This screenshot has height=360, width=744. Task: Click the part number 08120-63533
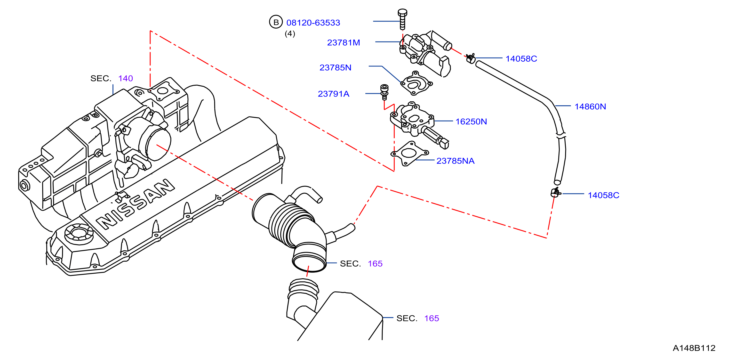[x=313, y=23]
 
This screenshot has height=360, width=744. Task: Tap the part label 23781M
[x=344, y=42]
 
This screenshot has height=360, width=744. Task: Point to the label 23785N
[x=335, y=67]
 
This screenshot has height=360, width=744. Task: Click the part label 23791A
[x=334, y=94]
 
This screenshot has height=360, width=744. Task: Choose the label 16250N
[x=471, y=121]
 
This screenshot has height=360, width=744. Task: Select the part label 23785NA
[x=456, y=161]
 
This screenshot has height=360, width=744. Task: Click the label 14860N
[x=590, y=106]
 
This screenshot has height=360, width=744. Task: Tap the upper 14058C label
[x=521, y=59]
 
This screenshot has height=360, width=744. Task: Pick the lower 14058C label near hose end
[x=604, y=195]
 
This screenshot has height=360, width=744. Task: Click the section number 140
[x=126, y=78]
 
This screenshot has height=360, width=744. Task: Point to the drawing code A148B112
[x=694, y=348]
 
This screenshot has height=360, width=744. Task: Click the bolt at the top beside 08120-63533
[x=402, y=19]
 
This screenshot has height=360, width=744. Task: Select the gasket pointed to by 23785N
[x=416, y=83]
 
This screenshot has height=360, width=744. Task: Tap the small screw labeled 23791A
[x=384, y=92]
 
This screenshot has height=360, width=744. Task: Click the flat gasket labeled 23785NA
[x=409, y=153]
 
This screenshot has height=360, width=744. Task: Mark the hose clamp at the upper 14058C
[x=471, y=58]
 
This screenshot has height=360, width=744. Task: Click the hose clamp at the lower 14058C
[x=555, y=192]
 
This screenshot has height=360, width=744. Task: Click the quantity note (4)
[x=290, y=34]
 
